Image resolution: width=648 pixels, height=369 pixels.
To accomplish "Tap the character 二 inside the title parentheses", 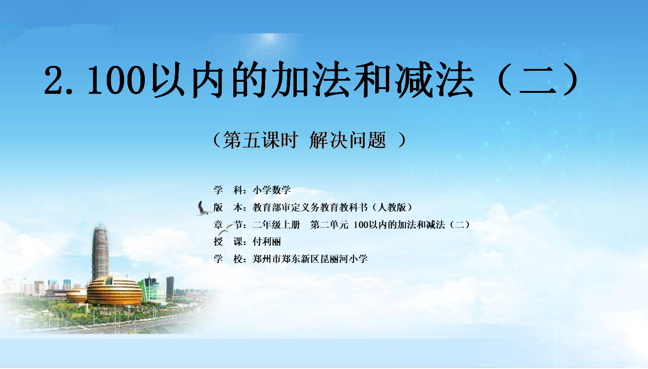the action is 538,79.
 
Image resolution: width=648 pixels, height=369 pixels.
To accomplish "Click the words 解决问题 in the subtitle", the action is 348,140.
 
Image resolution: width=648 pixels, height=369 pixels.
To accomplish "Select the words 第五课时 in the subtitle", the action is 260,140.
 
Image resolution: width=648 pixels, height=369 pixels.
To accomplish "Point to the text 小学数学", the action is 272,190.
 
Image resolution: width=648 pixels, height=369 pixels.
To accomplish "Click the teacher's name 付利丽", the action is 267,242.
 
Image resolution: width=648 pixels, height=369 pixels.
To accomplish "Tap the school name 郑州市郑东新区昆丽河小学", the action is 310,258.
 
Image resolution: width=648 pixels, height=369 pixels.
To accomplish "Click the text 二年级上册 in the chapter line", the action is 276,225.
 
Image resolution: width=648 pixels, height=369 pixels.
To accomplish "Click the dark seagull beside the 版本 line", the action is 203,209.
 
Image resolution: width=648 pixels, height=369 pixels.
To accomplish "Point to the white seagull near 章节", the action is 225,229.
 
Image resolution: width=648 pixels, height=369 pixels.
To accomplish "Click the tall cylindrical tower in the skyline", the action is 100,253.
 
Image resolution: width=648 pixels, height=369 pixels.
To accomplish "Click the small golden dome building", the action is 76,295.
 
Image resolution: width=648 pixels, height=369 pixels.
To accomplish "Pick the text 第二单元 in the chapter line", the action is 329,225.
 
